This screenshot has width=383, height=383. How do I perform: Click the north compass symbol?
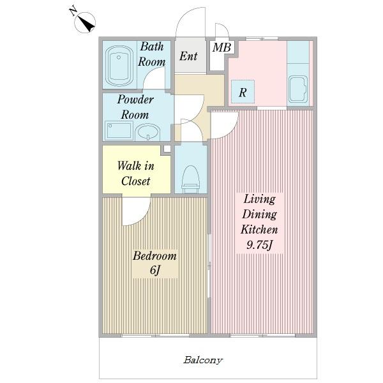(84, 22)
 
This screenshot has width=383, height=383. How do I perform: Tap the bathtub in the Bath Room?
(119, 66)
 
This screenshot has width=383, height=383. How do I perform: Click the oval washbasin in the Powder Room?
(148, 132)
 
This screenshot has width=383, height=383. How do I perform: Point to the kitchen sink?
(298, 89)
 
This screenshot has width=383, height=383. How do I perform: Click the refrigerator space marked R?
(243, 91)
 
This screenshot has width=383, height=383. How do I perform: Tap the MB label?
(222, 47)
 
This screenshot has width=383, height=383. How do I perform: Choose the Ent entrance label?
(188, 56)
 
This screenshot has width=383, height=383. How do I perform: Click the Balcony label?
(203, 360)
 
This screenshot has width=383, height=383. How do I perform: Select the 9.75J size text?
(259, 244)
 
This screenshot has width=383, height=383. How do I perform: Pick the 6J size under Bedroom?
(155, 270)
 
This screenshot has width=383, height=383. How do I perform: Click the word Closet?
(135, 181)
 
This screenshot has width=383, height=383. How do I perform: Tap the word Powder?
(135, 100)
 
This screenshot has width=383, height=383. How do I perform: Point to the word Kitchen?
(259, 229)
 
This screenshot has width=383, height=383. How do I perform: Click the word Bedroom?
(154, 255)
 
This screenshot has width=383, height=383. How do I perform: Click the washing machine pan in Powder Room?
(119, 131)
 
